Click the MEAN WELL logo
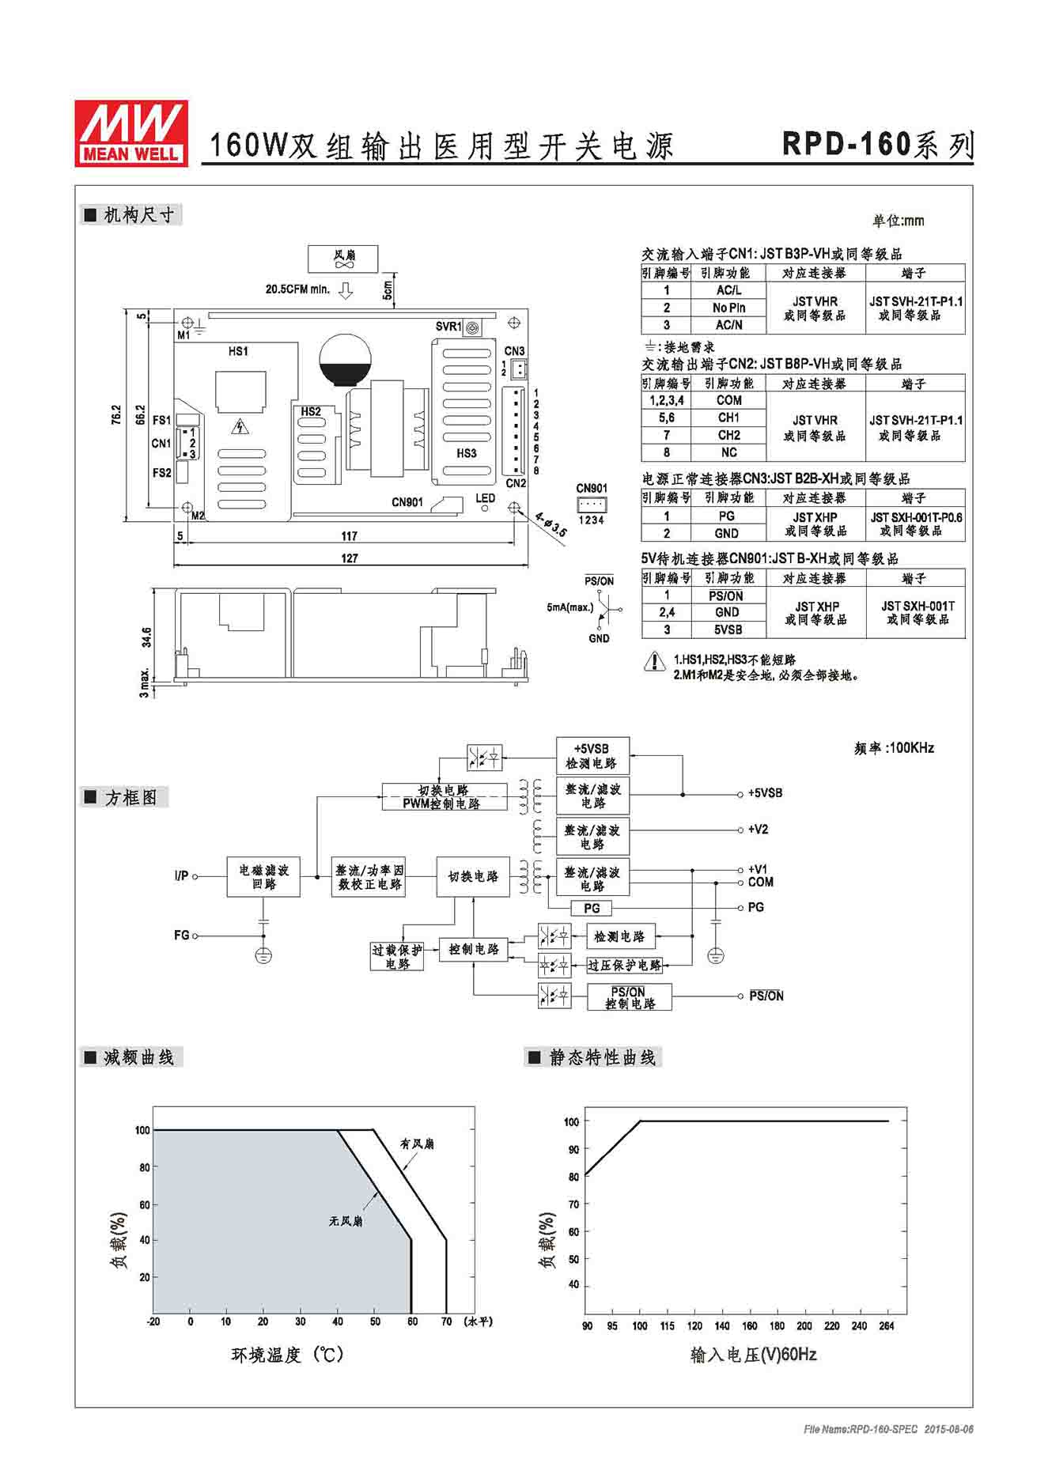tap(131, 133)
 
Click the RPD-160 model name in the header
tap(846, 144)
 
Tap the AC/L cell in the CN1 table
tap(728, 290)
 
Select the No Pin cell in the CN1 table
tap(728, 308)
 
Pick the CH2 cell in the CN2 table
tap(728, 435)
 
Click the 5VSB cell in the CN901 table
tap(728, 629)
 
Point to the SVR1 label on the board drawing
tap(448, 327)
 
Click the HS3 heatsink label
tap(467, 453)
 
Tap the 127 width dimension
tap(350, 558)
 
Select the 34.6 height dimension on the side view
tap(146, 637)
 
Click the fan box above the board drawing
tap(343, 259)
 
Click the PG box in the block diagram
tap(592, 909)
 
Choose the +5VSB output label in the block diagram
tap(765, 793)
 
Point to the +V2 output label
tap(758, 830)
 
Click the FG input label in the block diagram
tap(181, 936)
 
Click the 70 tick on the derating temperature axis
tap(446, 1321)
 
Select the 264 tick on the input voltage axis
tap(887, 1326)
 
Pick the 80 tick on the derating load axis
tap(145, 1167)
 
